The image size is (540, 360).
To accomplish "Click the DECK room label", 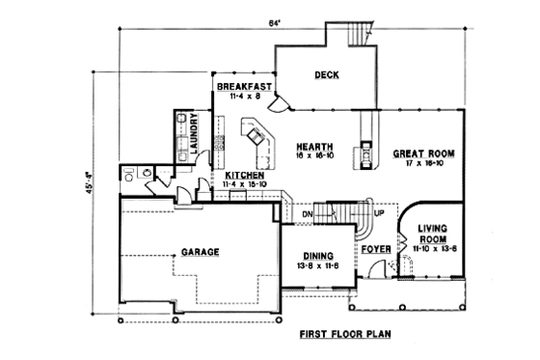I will coord(323,75).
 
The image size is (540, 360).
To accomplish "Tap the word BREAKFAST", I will coord(238,86).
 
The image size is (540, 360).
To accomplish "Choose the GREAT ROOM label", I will coord(422,153).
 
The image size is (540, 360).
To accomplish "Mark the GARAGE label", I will coord(200,252).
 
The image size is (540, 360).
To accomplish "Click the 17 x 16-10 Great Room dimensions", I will coord(422,164).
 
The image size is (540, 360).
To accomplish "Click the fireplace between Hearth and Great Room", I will coord(367,152).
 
